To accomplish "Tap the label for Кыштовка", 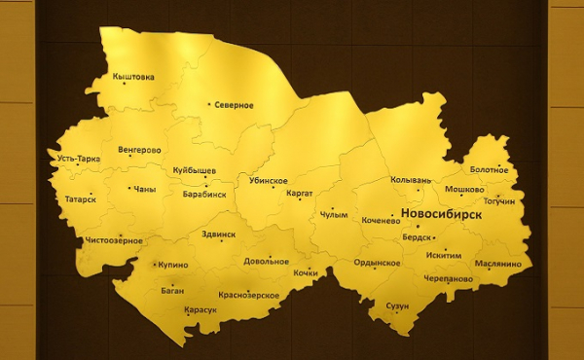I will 133,77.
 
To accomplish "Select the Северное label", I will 235,105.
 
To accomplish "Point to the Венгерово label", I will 139,151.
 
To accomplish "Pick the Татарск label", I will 80,198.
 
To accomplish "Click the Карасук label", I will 200,309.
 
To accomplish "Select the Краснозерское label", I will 249,295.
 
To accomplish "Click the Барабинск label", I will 204,194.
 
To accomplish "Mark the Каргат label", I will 300,194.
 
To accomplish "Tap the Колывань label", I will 410,180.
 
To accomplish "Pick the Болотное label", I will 489,170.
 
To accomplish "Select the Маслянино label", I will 498,264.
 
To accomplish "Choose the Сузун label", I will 397,306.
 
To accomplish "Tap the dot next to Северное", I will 209,105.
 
